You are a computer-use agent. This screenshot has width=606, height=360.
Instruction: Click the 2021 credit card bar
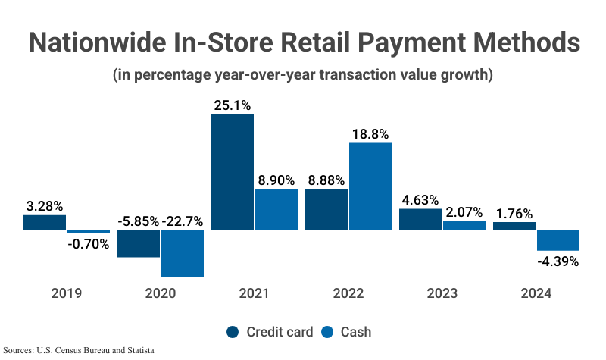233,172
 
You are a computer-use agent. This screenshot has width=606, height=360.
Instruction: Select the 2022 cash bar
370,186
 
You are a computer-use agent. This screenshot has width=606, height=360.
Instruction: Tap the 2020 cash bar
183,253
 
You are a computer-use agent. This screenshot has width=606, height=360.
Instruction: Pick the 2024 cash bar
558,240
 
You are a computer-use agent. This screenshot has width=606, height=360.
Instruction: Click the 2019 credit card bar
45,223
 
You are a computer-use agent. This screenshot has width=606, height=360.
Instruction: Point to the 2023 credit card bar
420,220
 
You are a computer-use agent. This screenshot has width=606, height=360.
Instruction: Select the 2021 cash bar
276,210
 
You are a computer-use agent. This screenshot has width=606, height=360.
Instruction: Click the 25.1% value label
233,105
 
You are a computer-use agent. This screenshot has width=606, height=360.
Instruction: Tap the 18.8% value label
370,133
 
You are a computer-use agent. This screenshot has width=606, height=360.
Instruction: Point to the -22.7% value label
183,221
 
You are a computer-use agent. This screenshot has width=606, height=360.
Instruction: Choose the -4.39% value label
558,261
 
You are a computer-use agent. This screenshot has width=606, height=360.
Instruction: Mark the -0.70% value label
89,244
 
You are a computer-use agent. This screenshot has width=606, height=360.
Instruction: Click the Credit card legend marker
233,332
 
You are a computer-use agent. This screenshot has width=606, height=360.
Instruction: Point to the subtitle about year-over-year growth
303,76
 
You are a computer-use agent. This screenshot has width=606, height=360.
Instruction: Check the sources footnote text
79,351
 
